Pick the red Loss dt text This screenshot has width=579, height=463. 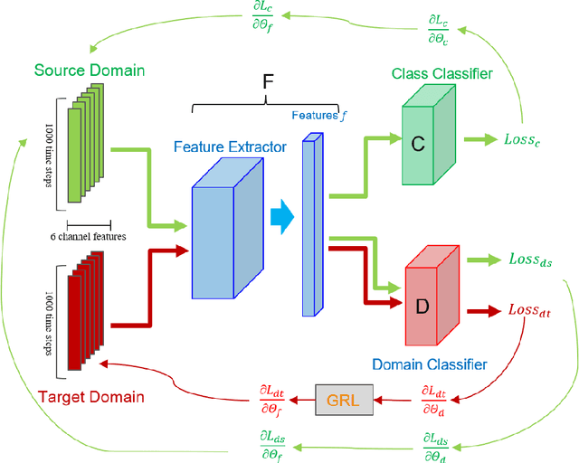(528, 310)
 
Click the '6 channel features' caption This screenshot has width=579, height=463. (88, 237)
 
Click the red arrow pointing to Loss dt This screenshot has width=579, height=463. (487, 310)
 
